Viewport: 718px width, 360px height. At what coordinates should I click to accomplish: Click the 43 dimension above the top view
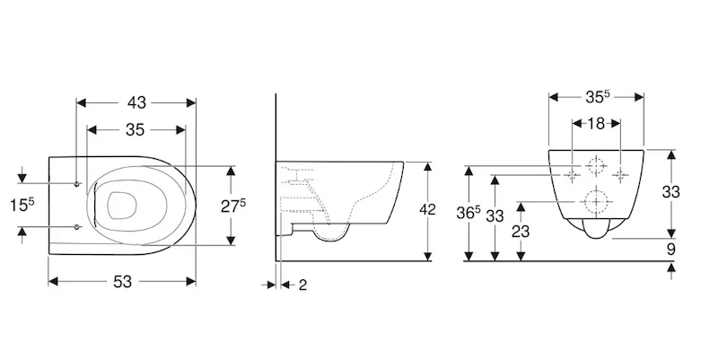[x=136, y=102]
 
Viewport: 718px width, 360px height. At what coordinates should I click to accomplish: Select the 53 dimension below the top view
[x=122, y=282]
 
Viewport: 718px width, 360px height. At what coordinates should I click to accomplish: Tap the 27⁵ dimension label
[x=233, y=206]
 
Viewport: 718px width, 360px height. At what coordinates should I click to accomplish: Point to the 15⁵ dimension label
[x=22, y=205]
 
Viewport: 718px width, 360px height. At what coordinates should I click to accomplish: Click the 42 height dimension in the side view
[x=427, y=209]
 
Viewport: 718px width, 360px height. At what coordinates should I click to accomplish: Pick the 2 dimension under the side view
[x=302, y=285]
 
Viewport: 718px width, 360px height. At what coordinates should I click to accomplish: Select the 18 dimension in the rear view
[x=596, y=123]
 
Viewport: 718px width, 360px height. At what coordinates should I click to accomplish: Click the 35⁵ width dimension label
[x=598, y=97]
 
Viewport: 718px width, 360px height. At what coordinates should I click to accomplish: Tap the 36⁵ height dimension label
[x=468, y=213]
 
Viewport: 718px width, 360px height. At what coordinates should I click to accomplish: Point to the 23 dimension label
[x=521, y=232]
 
